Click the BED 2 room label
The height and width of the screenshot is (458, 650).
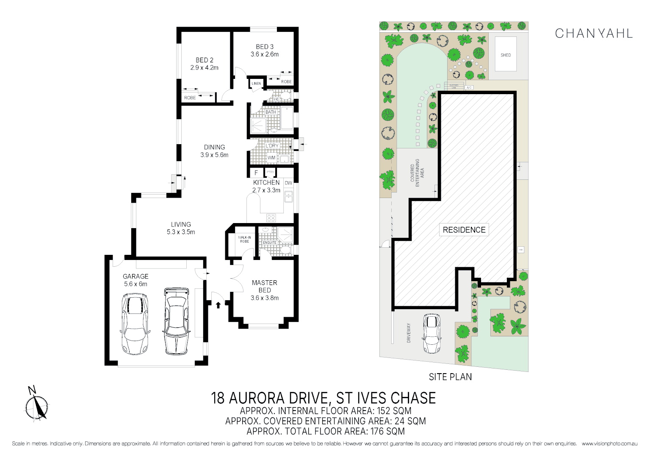[204, 60]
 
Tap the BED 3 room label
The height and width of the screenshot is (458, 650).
[264, 47]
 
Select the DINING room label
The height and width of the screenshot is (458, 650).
[214, 147]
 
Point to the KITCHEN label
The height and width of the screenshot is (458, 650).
[266, 182]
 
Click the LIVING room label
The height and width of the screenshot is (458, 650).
[181, 224]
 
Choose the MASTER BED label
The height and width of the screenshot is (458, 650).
[264, 286]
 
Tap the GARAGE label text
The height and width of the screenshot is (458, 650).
[136, 276]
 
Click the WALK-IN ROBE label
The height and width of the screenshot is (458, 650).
[244, 239]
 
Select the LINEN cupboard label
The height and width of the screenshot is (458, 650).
[256, 84]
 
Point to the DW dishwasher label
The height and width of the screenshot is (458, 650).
[288, 183]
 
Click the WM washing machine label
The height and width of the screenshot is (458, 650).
[271, 158]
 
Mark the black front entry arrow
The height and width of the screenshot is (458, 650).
[218, 304]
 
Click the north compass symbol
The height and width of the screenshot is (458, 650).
[36, 405]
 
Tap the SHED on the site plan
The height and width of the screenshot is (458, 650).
[506, 54]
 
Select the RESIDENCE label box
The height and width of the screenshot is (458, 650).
[464, 230]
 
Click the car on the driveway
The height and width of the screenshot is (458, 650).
[431, 333]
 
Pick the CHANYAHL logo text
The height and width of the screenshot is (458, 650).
[594, 34]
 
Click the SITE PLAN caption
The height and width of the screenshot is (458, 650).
[450, 377]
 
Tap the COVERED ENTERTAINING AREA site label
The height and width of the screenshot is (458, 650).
[417, 173]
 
